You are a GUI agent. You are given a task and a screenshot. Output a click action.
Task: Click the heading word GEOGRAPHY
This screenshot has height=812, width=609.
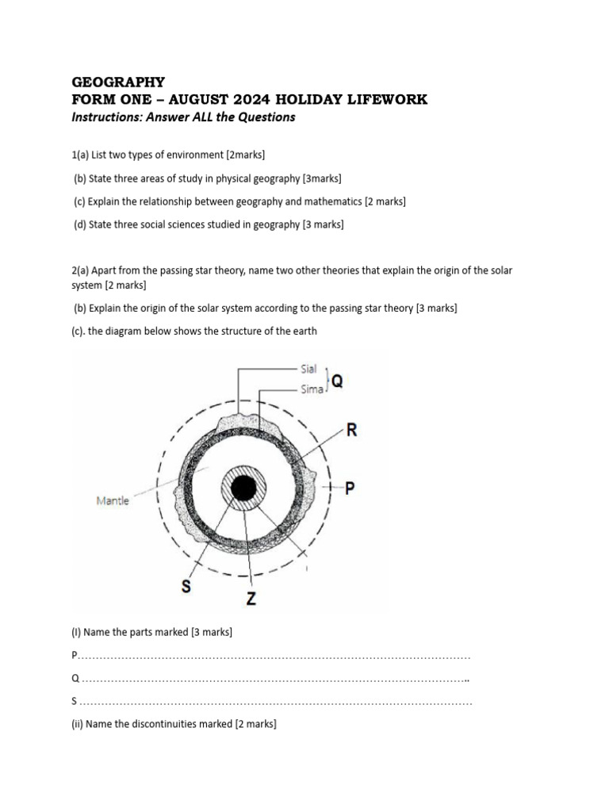118,82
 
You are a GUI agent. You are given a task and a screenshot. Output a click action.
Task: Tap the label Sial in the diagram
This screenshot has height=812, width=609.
308,369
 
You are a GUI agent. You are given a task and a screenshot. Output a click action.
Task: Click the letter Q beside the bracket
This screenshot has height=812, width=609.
337,381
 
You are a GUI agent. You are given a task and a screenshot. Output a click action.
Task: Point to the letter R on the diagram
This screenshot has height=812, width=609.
351,431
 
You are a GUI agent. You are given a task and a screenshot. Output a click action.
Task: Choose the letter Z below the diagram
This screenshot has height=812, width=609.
251,599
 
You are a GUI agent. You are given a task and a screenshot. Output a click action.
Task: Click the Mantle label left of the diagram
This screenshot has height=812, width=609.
112,500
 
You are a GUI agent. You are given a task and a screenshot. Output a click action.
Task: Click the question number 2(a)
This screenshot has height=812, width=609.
82,270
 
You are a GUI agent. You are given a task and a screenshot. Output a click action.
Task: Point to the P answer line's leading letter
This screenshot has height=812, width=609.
75,656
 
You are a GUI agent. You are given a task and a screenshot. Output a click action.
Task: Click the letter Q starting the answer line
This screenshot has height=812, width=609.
75,679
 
